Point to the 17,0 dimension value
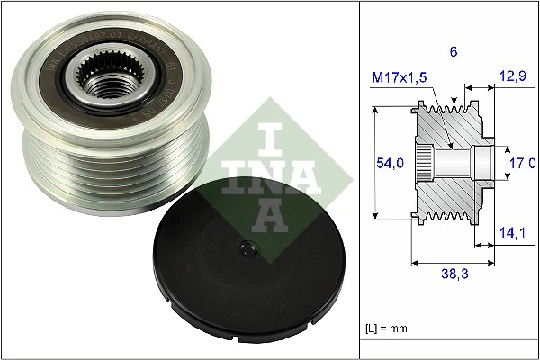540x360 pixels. pos(522,163)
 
